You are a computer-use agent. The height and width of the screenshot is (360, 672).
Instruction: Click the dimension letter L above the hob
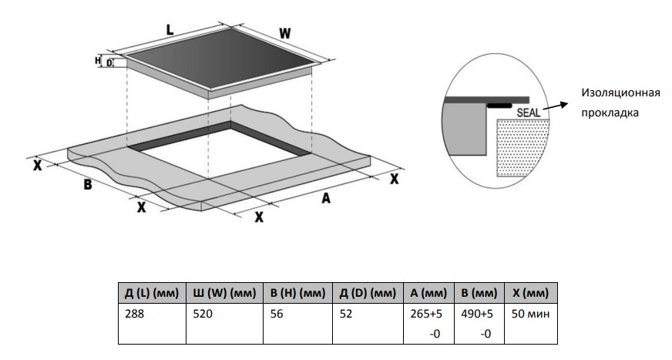170,29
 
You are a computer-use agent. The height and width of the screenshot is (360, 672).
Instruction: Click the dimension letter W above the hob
284,34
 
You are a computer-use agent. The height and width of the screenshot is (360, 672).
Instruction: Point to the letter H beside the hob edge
98,59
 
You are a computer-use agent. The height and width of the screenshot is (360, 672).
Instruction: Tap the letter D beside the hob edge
109,62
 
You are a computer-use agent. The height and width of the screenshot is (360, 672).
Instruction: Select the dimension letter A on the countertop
325,199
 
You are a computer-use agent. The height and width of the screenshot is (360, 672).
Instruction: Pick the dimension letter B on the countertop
87,185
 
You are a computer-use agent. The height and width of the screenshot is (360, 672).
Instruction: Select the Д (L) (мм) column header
151,293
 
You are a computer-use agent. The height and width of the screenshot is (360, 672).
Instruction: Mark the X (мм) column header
529,293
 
